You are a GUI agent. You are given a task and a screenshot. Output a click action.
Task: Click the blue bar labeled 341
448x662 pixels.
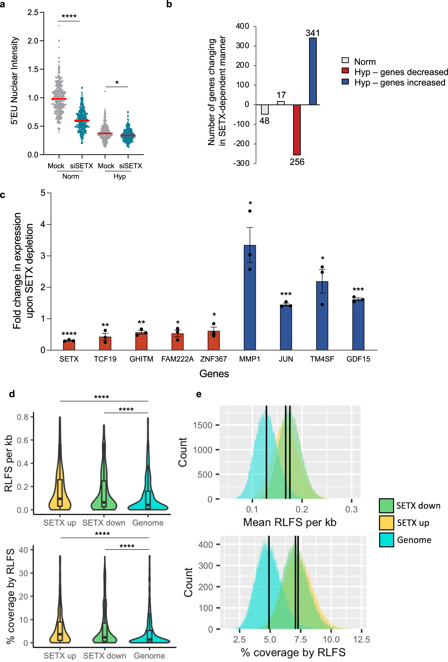pyautogui.click(x=313, y=71)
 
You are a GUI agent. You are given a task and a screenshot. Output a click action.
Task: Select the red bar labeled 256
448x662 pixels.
pyautogui.click(x=297, y=130)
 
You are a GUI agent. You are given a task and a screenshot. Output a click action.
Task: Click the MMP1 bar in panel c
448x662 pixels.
pyautogui.click(x=250, y=298)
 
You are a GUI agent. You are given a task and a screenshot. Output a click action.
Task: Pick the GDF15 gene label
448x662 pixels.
pyautogui.click(x=358, y=359)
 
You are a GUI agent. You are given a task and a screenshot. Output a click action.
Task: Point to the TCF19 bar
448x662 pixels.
pyautogui.click(x=105, y=343)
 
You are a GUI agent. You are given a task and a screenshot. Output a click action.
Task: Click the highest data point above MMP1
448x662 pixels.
pyautogui.click(x=250, y=211)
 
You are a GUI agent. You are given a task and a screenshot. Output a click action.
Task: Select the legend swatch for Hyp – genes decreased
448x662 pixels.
pyautogui.click(x=345, y=71)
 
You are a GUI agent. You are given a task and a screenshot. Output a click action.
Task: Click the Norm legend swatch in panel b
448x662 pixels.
pyautogui.click(x=345, y=60)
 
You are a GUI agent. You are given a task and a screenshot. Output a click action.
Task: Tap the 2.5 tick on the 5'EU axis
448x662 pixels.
pyautogui.click(x=33, y=12)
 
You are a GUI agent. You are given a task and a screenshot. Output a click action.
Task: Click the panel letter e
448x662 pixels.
pyautogui.click(x=199, y=394)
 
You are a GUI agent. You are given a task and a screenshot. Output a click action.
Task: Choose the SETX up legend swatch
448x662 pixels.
pyautogui.click(x=386, y=523)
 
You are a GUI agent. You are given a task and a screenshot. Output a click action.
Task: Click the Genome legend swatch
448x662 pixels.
pyautogui.click(x=386, y=540)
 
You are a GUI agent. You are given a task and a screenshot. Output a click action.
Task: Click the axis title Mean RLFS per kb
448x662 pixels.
pyautogui.click(x=290, y=522)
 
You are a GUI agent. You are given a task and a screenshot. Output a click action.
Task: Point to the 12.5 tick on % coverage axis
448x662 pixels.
pyautogui.click(x=361, y=640)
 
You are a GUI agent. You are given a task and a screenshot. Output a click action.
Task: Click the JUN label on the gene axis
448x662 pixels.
pyautogui.click(x=286, y=359)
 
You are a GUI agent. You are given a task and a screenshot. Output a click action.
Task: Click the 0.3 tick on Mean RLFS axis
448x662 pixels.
pyautogui.click(x=351, y=509)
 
